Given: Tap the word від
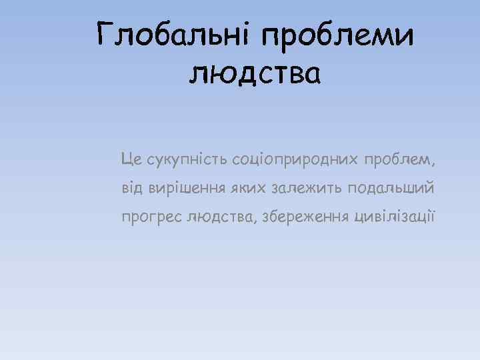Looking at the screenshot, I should point(131,188).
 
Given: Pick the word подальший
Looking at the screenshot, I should point(388,189).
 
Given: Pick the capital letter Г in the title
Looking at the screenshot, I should point(106,33).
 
